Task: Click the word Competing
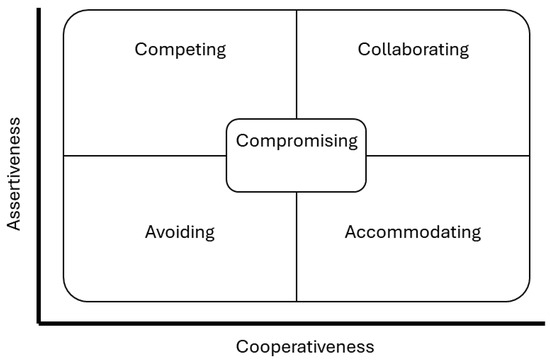click(x=181, y=49)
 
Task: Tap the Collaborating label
click(x=413, y=49)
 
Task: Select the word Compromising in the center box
click(x=296, y=141)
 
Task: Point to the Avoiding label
click(x=181, y=233)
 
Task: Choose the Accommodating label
click(x=413, y=233)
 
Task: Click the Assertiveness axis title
click(x=15, y=170)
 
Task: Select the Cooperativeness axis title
click(x=304, y=346)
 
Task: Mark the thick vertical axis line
click(x=38, y=170)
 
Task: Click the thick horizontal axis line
click(x=290, y=323)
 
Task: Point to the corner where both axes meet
click(x=39, y=323)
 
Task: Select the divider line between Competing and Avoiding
click(x=145, y=156)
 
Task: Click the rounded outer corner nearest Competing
click(x=70, y=17)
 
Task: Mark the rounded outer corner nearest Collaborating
click(x=524, y=17)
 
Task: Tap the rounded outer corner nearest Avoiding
click(x=70, y=294)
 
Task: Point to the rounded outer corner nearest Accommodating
click(x=524, y=294)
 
